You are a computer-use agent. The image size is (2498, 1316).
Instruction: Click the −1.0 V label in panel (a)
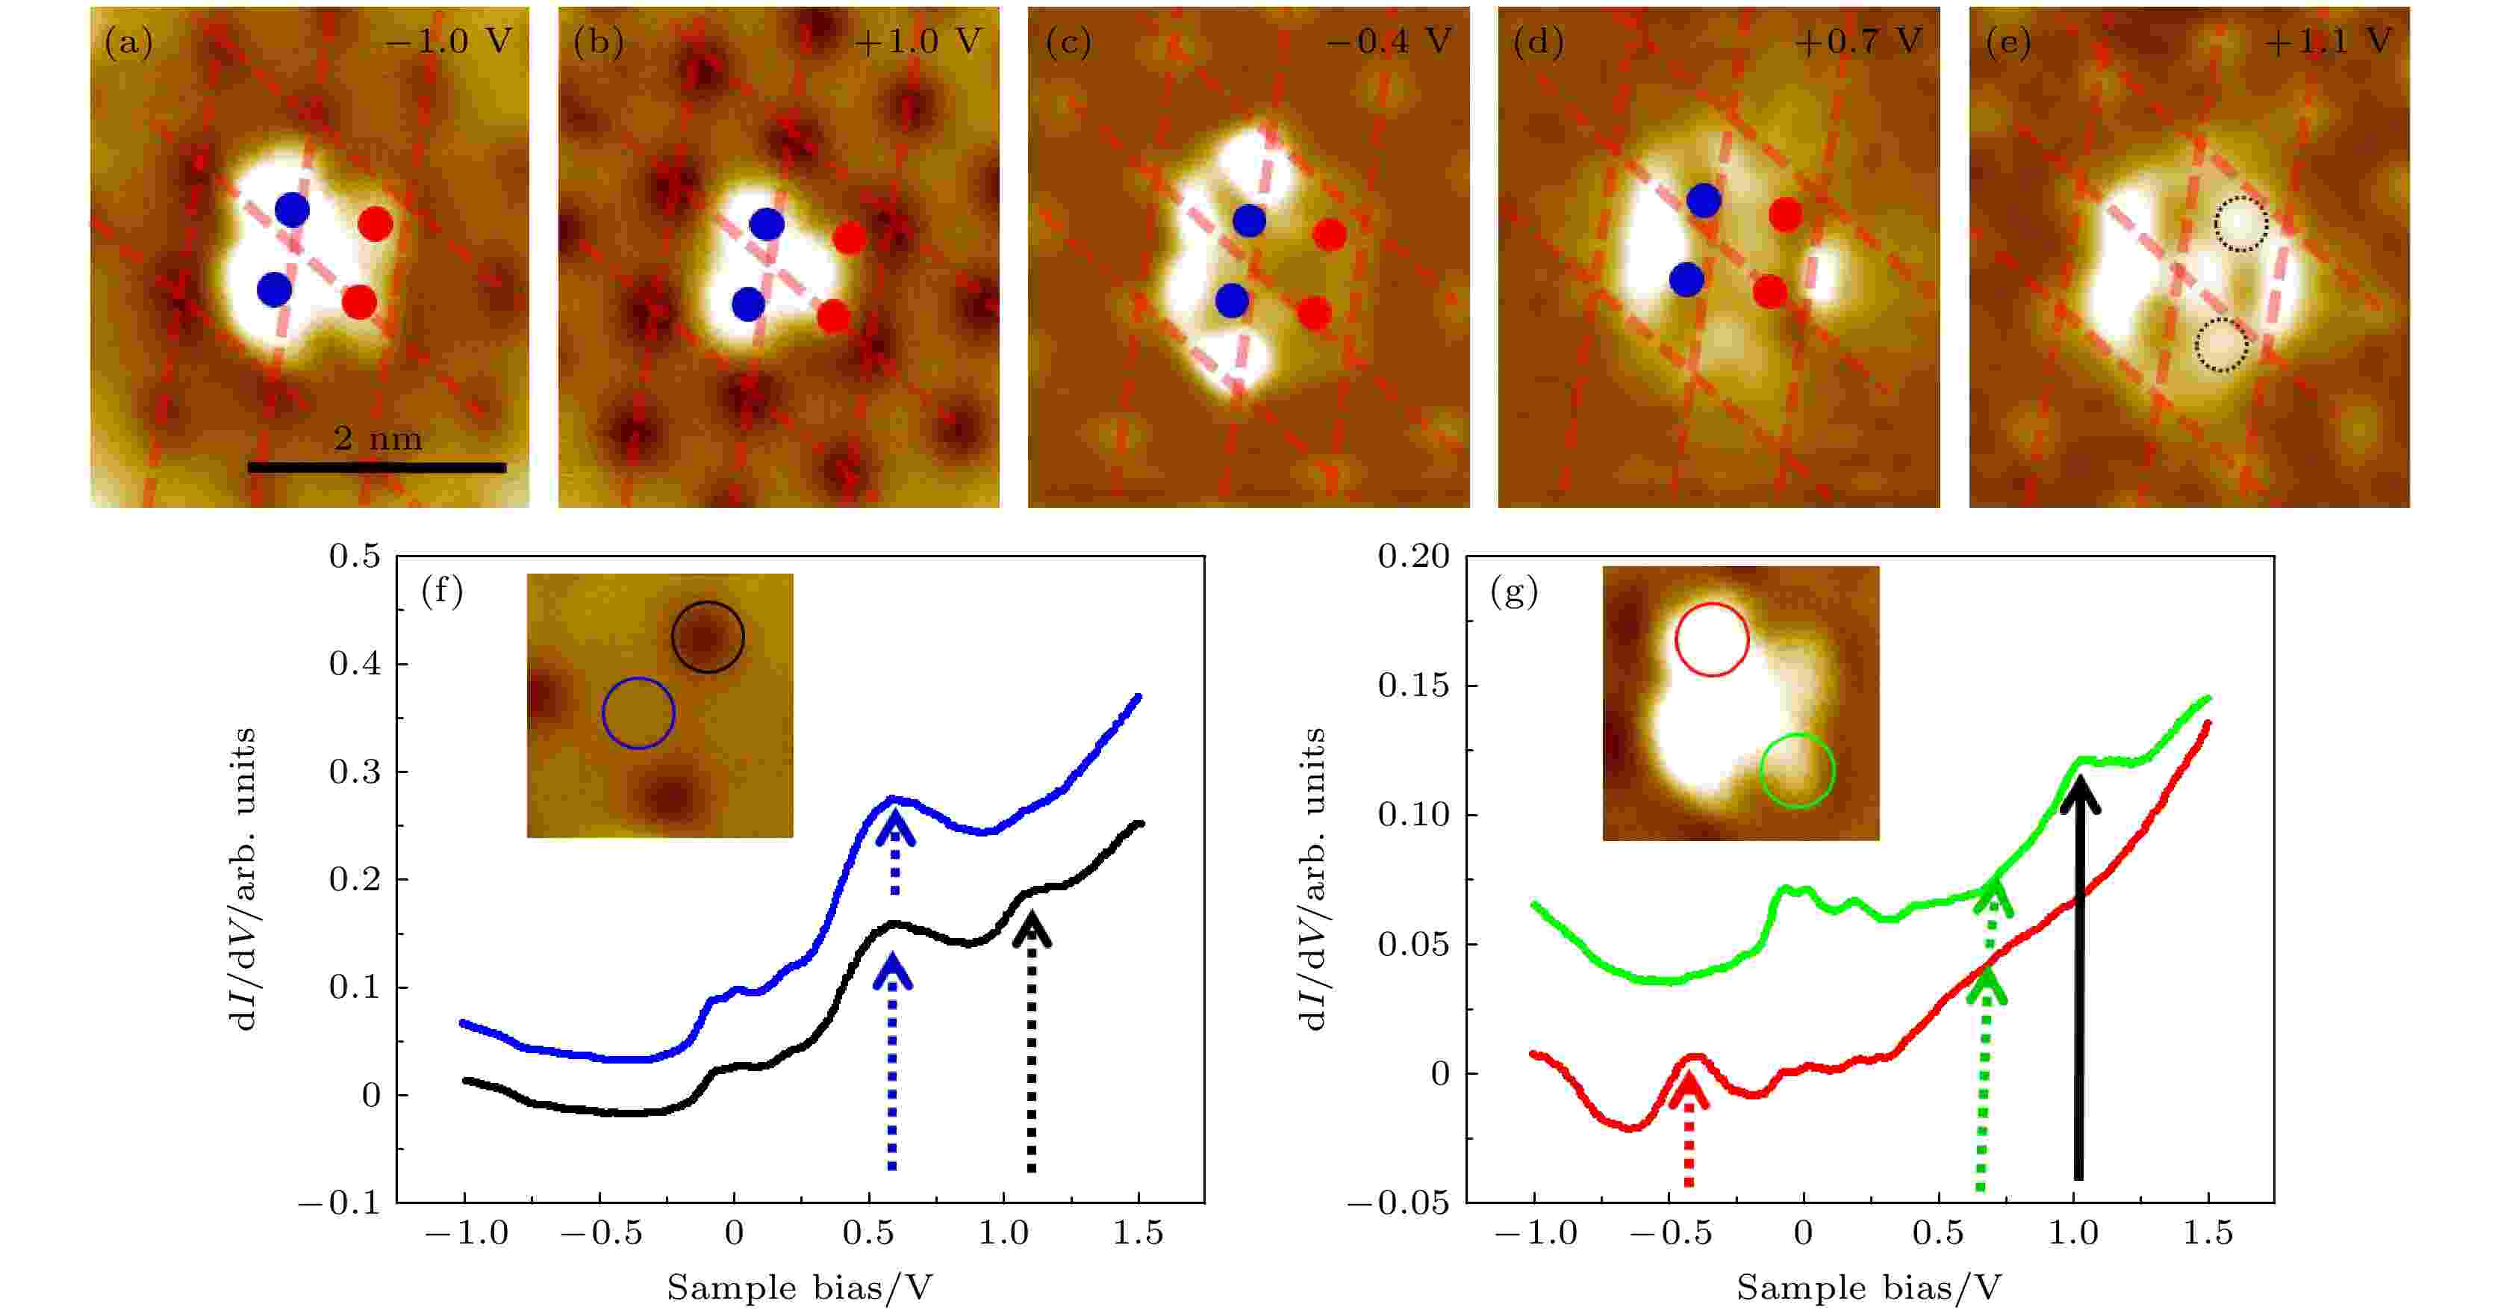pos(448,42)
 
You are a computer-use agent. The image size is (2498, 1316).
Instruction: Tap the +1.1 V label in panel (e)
pos(2326,42)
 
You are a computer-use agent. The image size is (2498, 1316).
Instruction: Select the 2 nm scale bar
pos(376,467)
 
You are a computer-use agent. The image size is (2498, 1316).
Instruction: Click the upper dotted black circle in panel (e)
pos(2241,224)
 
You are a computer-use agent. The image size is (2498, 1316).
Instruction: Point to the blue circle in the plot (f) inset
pos(638,713)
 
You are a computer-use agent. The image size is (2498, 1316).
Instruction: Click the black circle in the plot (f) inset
pos(708,637)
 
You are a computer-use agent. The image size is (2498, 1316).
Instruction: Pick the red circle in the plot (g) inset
pos(1712,639)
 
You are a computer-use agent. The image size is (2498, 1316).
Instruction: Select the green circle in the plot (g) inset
pos(1797,771)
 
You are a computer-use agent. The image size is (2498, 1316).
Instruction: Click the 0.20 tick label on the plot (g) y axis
pos(1413,556)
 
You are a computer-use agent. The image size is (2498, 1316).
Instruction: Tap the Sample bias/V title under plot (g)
pos(1868,1288)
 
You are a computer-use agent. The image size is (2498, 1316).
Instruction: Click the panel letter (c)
pos(1068,43)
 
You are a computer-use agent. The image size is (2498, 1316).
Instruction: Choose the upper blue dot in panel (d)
pos(1704,201)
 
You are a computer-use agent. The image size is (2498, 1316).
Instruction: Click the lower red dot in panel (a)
pos(359,302)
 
